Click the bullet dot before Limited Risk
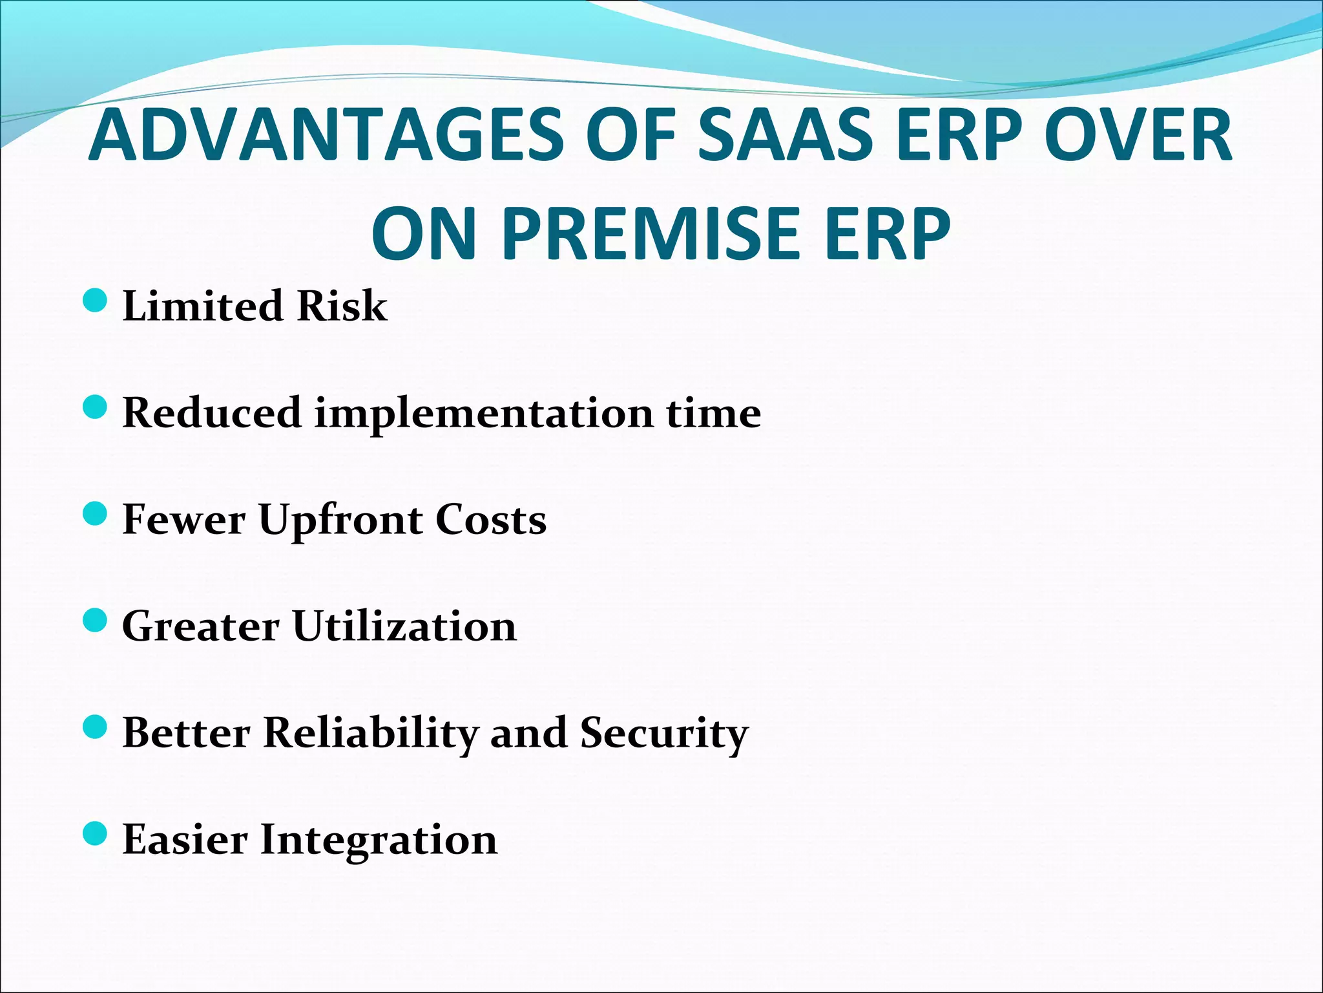tap(95, 301)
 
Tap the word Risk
tap(342, 305)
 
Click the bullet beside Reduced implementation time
tap(95, 408)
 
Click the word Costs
tap(490, 519)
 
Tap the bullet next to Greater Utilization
tap(95, 621)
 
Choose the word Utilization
tap(404, 626)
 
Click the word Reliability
tap(371, 734)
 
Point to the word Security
tap(664, 734)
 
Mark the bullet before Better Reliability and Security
tap(95, 728)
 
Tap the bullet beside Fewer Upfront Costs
tap(95, 515)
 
